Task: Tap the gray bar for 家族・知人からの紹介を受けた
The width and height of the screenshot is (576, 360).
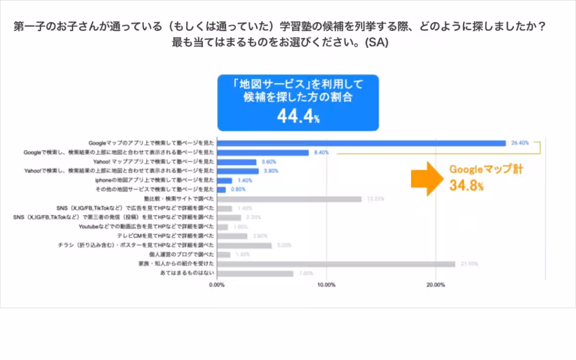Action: click(x=336, y=264)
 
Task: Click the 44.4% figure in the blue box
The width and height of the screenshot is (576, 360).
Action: click(x=298, y=116)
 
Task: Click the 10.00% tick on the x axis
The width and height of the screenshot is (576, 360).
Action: click(x=326, y=285)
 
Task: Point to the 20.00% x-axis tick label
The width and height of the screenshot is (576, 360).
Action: click(x=435, y=285)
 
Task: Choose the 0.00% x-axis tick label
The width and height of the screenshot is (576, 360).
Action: click(x=217, y=285)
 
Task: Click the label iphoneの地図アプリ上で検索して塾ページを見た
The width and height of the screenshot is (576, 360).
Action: click(x=155, y=180)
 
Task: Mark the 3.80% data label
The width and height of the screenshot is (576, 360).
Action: click(x=272, y=171)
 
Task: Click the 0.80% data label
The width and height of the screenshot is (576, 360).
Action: click(x=239, y=190)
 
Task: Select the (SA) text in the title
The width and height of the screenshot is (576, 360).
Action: click(x=376, y=42)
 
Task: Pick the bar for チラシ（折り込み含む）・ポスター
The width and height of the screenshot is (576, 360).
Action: click(x=244, y=245)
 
